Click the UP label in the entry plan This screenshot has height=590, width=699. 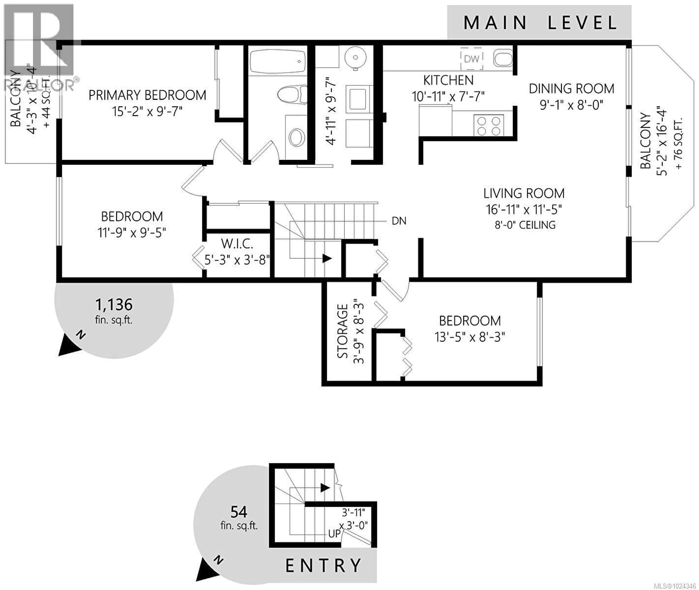point(334,534)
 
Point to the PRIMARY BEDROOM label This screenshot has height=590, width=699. point(147,95)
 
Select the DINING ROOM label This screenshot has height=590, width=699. point(571,89)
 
